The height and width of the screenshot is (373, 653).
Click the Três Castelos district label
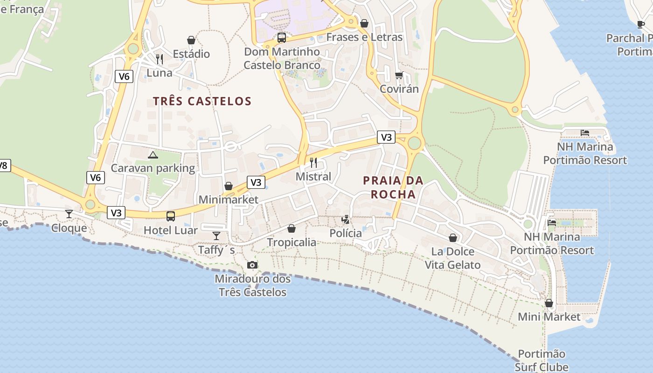click(202, 101)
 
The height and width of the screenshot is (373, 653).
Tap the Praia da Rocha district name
click(393, 187)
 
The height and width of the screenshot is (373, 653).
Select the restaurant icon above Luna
click(160, 59)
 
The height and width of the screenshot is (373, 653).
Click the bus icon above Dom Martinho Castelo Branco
click(282, 38)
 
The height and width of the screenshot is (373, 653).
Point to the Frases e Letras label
click(364, 37)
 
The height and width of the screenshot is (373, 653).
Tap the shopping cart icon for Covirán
click(399, 75)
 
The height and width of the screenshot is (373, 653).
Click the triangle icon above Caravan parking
click(153, 155)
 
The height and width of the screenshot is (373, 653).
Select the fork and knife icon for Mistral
click(313, 163)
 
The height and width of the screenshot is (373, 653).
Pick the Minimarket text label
click(228, 200)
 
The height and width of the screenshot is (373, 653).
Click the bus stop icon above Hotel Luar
click(171, 216)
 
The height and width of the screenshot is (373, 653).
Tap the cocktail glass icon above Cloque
click(69, 214)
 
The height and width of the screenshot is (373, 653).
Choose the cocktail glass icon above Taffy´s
click(216, 235)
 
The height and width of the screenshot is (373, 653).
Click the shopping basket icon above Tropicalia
click(292, 228)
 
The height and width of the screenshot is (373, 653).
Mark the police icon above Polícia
click(346, 219)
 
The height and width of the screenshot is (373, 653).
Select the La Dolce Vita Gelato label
click(452, 258)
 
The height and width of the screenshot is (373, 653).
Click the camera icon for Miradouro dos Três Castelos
click(252, 265)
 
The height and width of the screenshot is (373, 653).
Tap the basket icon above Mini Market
click(549, 303)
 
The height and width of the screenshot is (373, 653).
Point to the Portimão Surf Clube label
click(542, 360)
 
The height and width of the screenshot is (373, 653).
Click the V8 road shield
click(4, 165)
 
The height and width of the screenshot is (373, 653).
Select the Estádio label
click(191, 54)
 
